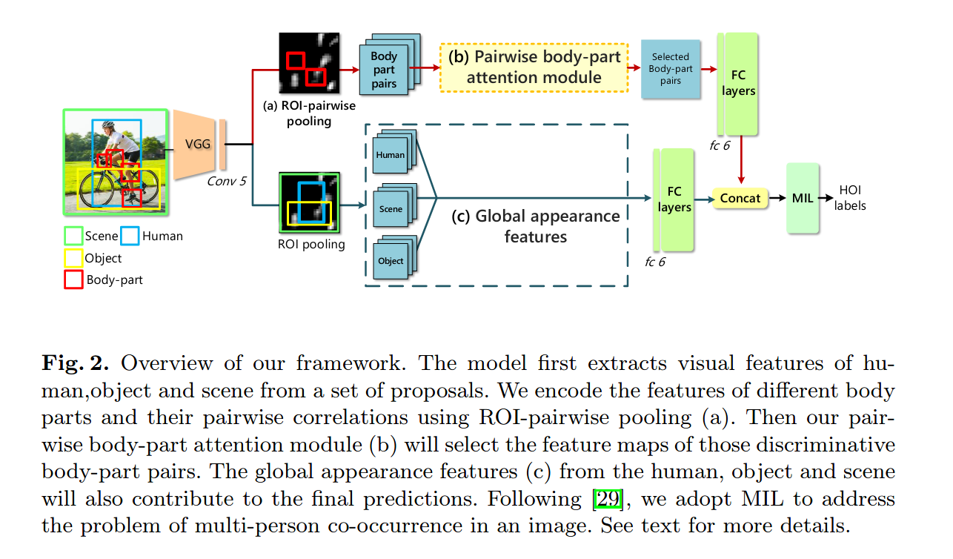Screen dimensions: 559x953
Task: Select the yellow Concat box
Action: point(740,198)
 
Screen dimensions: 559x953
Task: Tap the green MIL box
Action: point(803,198)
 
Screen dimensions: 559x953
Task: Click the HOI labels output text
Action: point(849,198)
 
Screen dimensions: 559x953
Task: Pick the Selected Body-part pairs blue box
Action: point(670,69)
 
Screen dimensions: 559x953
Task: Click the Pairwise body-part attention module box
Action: point(534,67)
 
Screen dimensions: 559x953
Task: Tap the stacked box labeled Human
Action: point(391,155)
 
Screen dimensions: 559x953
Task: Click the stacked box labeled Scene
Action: point(391,208)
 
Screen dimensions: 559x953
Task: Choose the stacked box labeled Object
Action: point(391,260)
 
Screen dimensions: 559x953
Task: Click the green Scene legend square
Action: point(73,236)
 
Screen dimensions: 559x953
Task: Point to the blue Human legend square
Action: point(130,236)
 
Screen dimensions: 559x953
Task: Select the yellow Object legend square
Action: point(73,258)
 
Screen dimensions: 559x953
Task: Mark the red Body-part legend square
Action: point(73,279)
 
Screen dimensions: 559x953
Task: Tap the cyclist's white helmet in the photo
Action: point(109,126)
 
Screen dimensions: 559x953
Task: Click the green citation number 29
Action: point(608,500)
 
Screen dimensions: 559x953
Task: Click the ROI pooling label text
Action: point(310,244)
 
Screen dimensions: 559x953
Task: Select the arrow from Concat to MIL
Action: point(777,198)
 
